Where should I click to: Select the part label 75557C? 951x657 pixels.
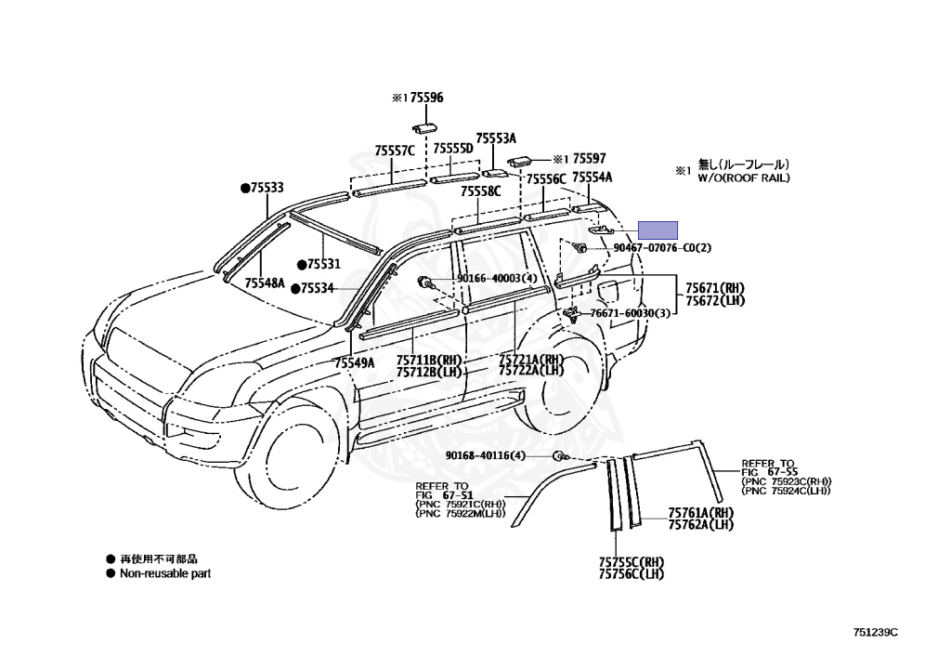click(395, 150)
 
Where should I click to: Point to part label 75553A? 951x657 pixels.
click(496, 138)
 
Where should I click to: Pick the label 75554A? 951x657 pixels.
click(592, 177)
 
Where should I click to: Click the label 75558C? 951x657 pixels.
click(482, 191)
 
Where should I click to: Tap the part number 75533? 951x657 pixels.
click(266, 188)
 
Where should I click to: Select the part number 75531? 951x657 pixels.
click(323, 264)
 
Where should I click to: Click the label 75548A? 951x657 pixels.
click(265, 283)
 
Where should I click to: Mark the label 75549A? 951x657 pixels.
click(355, 363)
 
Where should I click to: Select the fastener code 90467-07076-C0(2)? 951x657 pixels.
click(662, 248)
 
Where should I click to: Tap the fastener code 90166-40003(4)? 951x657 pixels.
click(497, 278)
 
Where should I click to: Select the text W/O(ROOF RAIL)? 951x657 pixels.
click(744, 177)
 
